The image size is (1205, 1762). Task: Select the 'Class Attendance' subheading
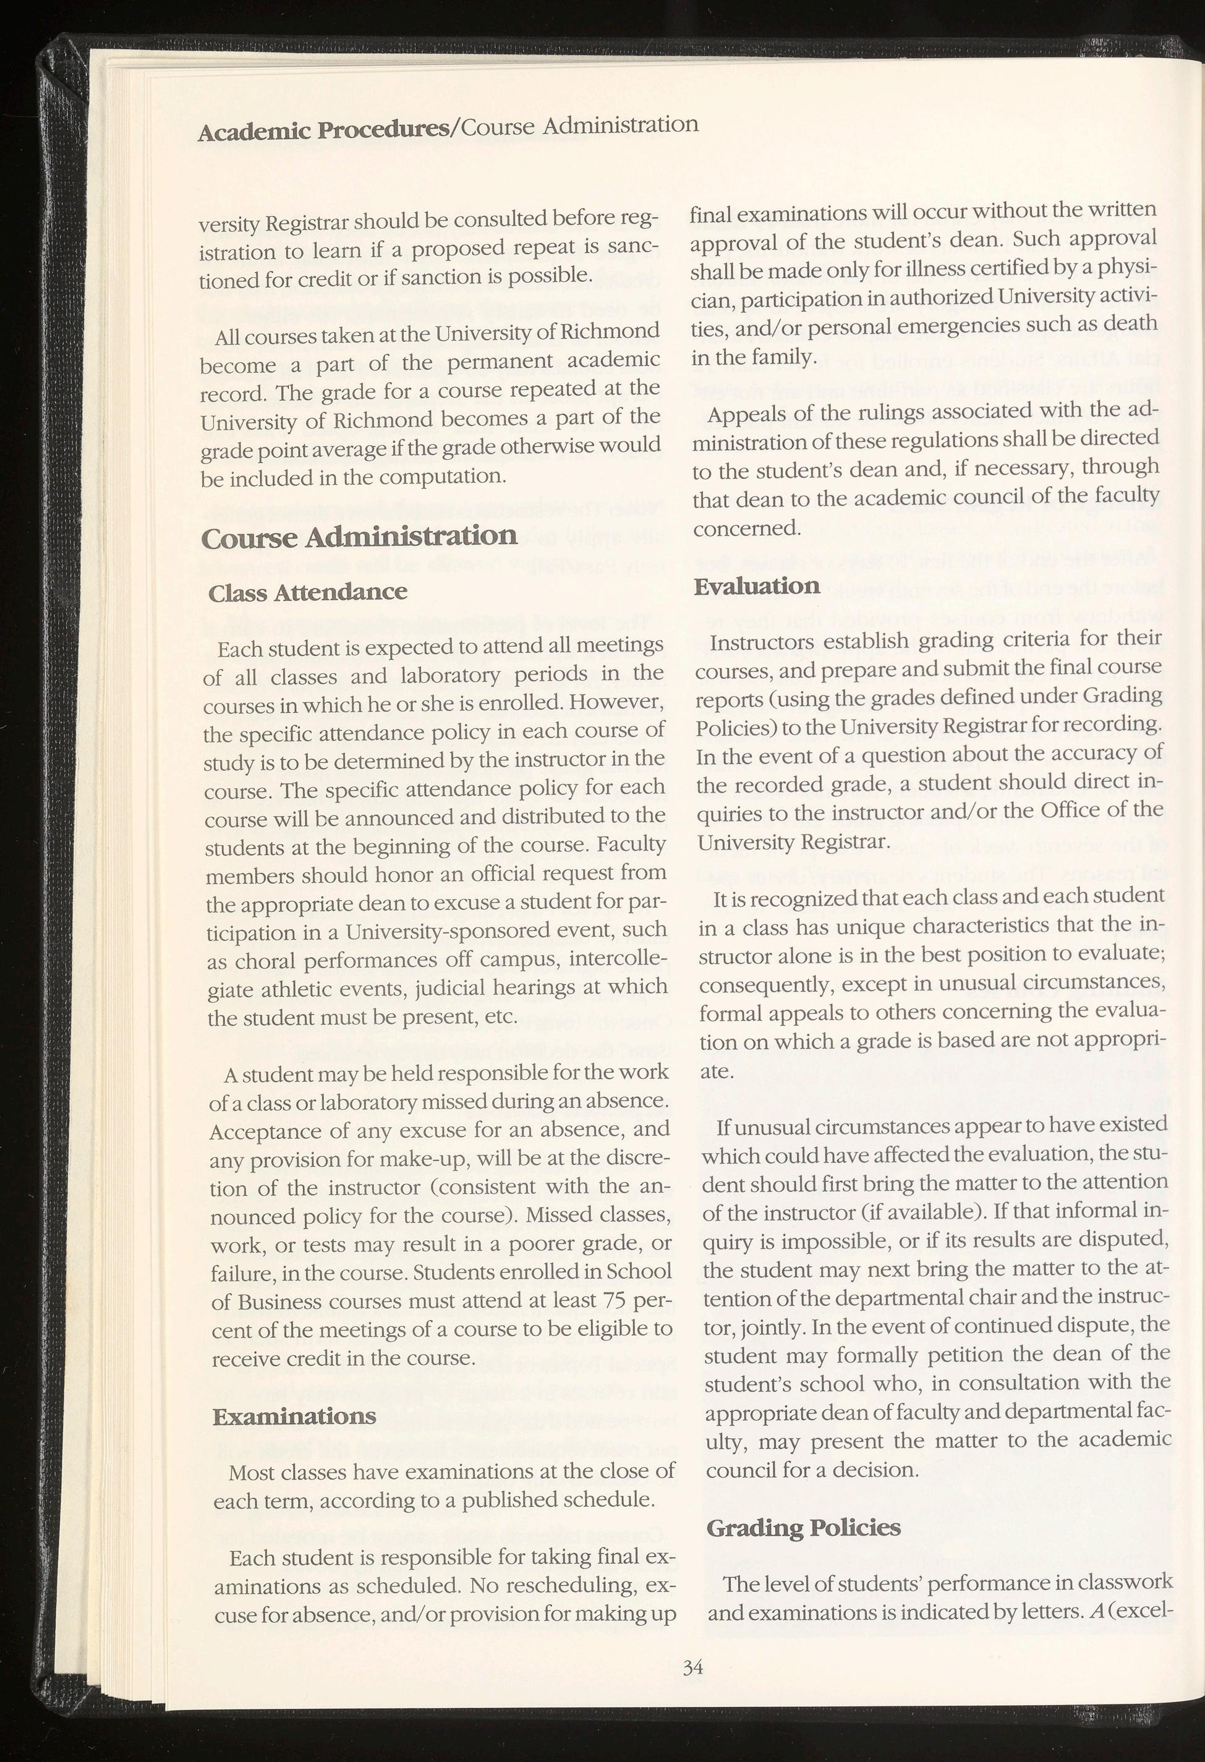[307, 592]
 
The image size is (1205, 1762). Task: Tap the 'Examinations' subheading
[294, 1416]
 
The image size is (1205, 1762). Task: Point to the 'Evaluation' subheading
[757, 586]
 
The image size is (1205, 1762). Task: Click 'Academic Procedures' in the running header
[324, 131]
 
